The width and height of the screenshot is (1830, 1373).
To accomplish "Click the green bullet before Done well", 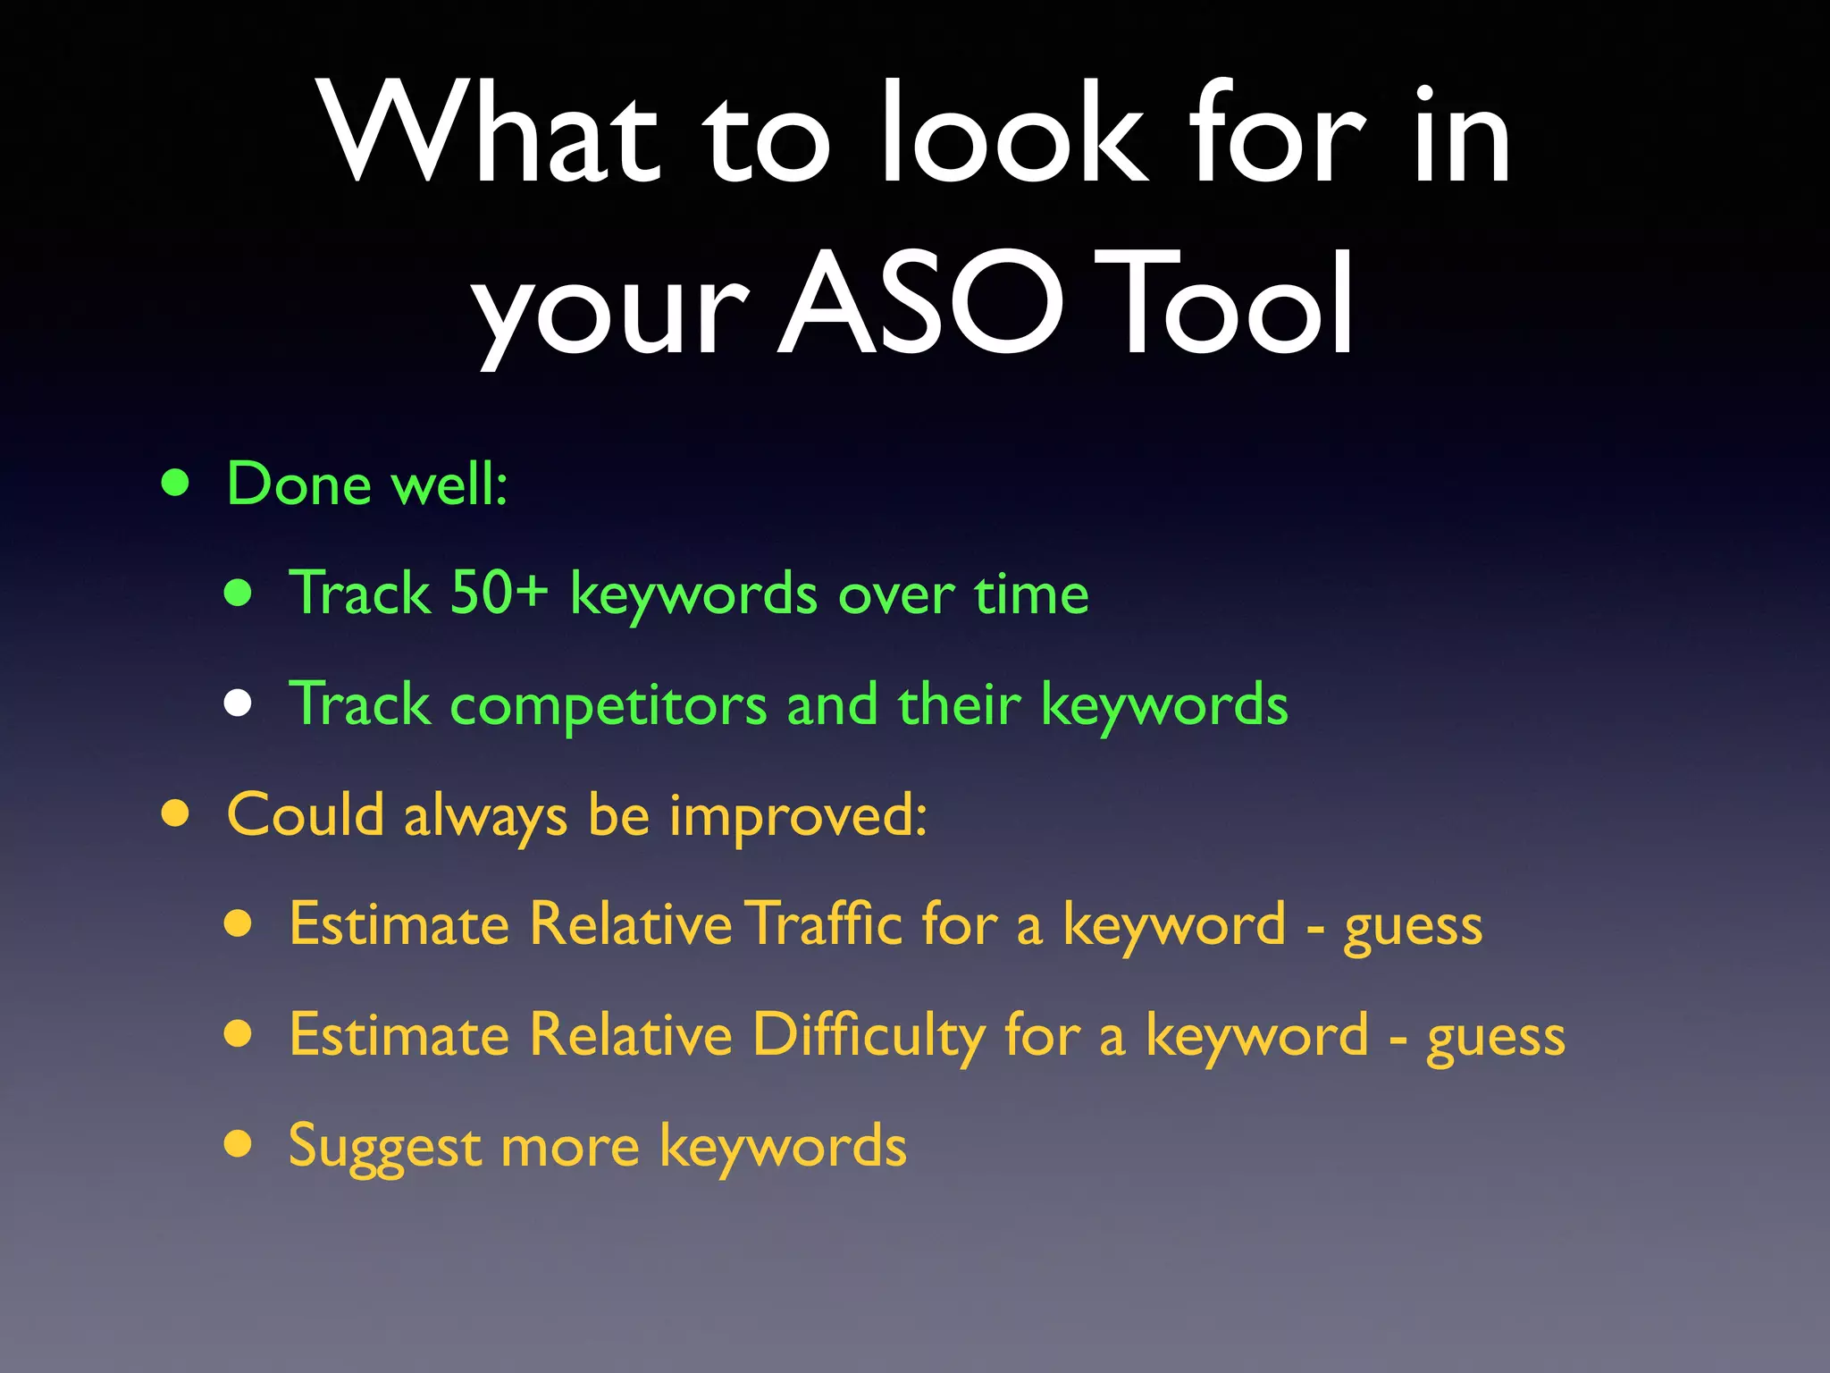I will (176, 484).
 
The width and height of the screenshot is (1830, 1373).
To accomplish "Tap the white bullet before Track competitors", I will (238, 703).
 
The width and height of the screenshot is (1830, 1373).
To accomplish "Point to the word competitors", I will (609, 705).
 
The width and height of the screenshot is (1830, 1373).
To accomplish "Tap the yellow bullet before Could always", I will (176, 814).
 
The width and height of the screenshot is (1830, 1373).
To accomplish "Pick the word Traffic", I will (826, 923).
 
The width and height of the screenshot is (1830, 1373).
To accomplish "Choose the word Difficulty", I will (868, 1035).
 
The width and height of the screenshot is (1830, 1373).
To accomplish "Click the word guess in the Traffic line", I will (1413, 927).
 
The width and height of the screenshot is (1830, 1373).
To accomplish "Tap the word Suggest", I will (385, 1147).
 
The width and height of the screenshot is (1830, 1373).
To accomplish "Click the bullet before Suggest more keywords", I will (238, 1143).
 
